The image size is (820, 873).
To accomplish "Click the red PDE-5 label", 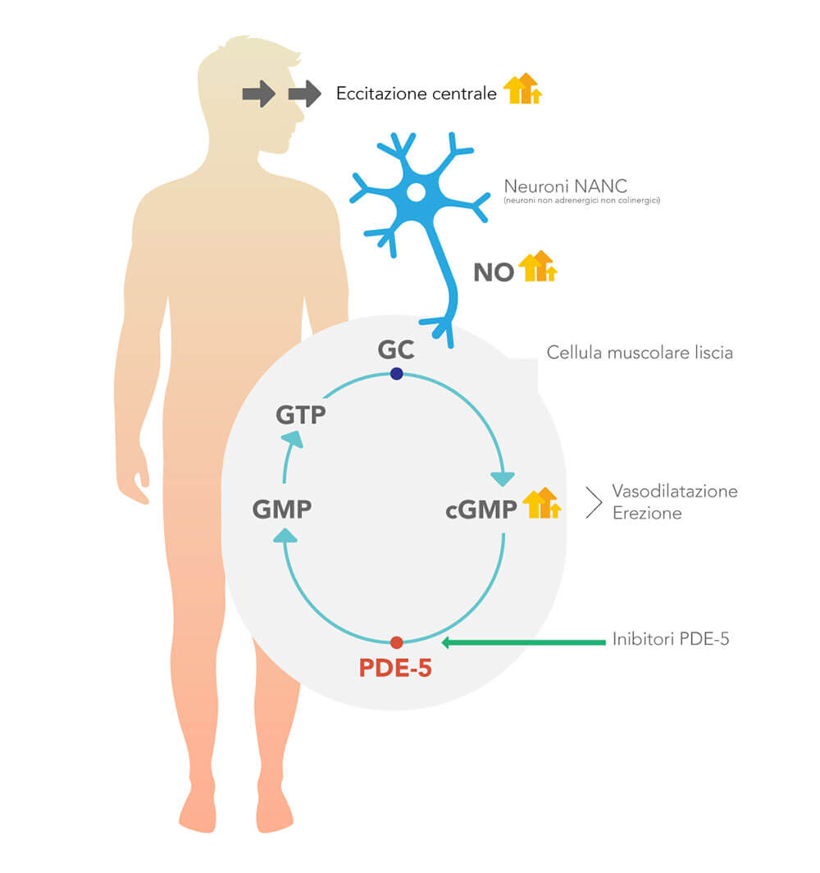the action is (x=395, y=668).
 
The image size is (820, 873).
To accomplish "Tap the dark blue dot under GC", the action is (x=396, y=373).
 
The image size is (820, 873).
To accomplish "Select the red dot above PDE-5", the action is (x=396, y=642).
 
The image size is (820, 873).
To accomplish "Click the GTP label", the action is (x=300, y=415).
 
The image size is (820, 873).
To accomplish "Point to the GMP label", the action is (x=282, y=509).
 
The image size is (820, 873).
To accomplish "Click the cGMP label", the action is (x=481, y=510).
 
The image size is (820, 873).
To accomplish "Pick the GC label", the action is (x=396, y=350).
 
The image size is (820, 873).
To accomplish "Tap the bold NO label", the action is (x=494, y=272).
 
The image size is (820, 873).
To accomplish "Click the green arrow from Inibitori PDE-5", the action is (x=523, y=642).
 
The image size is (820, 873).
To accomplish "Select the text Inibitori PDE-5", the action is (x=671, y=638).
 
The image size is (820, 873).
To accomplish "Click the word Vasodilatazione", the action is (x=675, y=491).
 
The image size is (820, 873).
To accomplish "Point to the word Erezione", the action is (x=647, y=513).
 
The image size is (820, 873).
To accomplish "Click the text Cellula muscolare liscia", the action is (x=640, y=353).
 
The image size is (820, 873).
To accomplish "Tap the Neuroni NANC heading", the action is (x=565, y=185).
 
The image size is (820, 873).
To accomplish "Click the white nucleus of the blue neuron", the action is (x=416, y=193).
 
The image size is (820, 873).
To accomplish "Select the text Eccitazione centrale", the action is (x=416, y=93).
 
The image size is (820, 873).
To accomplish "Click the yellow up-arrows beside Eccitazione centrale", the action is (x=522, y=89).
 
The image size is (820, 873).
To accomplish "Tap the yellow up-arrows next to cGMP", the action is (x=542, y=503).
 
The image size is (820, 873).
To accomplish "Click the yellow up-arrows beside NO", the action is (x=537, y=266).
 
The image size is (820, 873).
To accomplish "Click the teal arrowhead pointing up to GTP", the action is (x=293, y=439).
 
